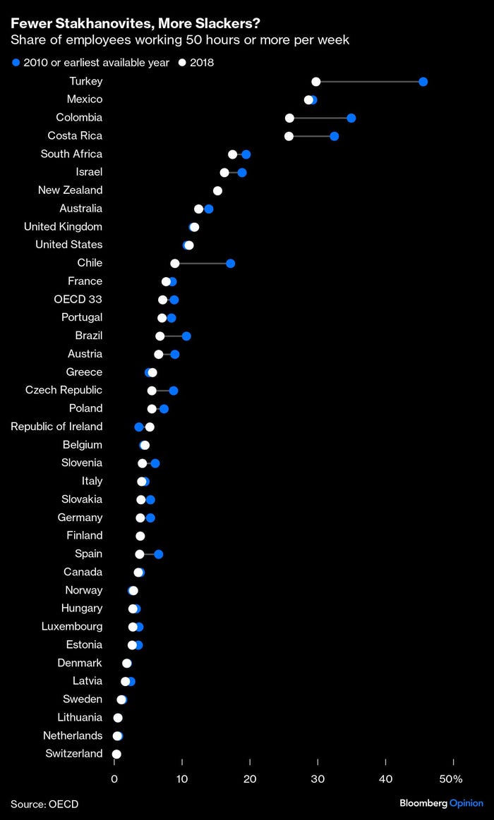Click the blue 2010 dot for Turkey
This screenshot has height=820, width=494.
[423, 82]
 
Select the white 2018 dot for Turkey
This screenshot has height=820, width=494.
[316, 82]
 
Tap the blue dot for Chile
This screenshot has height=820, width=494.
[230, 263]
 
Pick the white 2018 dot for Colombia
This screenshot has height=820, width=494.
[289, 118]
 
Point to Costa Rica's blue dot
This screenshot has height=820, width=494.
[334, 136]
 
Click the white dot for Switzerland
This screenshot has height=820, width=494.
[116, 754]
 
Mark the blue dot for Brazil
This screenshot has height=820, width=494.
[186, 336]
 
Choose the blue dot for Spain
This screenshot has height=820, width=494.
[159, 554]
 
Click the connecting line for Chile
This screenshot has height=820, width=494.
[203, 263]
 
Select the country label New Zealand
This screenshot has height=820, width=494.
[70, 190]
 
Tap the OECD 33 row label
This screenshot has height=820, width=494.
[78, 299]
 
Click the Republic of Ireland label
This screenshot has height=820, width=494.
[56, 427]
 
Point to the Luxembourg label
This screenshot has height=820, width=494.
[72, 626]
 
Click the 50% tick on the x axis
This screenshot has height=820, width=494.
[451, 779]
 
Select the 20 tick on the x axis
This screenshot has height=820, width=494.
[250, 779]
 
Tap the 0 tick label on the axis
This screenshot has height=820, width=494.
[114, 779]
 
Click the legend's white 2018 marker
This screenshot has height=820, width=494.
[182, 63]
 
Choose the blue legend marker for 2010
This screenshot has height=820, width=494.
[16, 63]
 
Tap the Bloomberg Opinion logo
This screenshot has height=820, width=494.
[441, 804]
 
